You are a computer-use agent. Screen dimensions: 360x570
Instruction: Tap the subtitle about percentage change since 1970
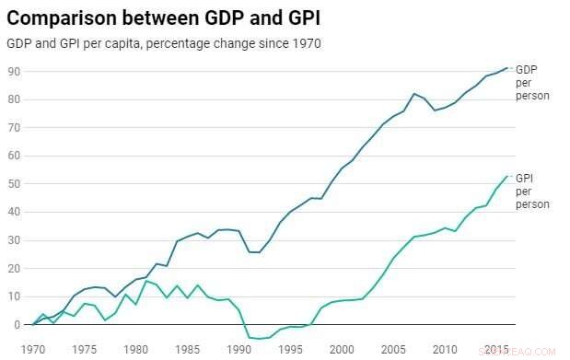(x=163, y=44)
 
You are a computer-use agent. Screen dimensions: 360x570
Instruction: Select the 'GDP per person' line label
(x=528, y=83)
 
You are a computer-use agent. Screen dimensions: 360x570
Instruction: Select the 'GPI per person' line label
(x=528, y=191)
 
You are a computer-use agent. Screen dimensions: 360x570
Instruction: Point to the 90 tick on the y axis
(x=14, y=72)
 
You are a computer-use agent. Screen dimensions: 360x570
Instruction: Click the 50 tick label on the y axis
(x=14, y=184)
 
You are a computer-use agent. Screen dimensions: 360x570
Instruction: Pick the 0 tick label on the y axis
(x=17, y=325)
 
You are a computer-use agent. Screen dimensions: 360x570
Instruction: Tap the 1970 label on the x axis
(x=34, y=349)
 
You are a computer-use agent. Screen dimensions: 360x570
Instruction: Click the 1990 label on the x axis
(x=238, y=349)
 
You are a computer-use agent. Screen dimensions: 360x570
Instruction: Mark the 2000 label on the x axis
(x=341, y=349)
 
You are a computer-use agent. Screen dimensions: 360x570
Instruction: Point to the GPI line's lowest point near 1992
(x=259, y=339)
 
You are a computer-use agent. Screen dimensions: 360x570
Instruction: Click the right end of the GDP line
(x=506, y=68)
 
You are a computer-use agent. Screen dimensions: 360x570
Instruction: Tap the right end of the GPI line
(x=506, y=176)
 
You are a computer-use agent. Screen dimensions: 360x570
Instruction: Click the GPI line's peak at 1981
(x=146, y=281)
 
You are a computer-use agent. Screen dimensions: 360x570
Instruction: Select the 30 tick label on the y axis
(x=14, y=240)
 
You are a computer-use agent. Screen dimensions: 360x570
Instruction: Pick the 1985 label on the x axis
(x=188, y=349)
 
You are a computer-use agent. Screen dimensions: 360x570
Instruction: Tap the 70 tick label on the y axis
(x=14, y=128)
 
